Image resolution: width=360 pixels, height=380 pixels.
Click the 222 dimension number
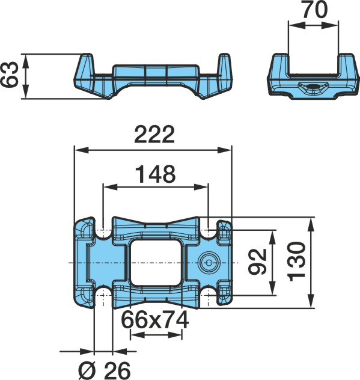(x=154, y=134)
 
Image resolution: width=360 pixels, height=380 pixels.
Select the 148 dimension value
(x=155, y=174)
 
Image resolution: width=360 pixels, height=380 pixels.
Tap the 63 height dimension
(x=9, y=74)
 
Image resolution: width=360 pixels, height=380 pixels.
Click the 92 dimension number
(x=258, y=262)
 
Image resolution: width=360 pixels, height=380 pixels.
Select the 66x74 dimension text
(x=155, y=320)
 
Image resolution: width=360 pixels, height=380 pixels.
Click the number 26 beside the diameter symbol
(x=118, y=371)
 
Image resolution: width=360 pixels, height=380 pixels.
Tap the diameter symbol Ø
(x=88, y=371)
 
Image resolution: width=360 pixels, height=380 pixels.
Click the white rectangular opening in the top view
(x=155, y=262)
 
